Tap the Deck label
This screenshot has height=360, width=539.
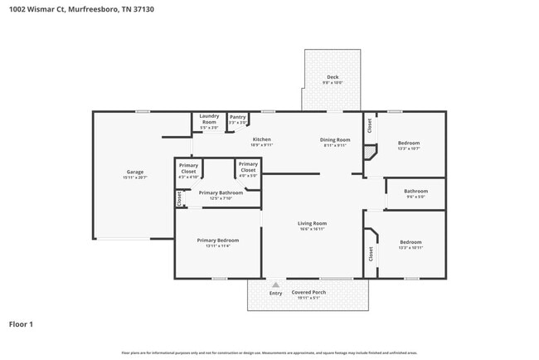click(332, 77)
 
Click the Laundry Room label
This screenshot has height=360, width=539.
click(209, 119)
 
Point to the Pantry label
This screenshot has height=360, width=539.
click(238, 117)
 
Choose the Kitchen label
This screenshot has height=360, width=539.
click(262, 139)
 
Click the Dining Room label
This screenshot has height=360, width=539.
click(336, 139)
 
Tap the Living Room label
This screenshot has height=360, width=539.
click(313, 222)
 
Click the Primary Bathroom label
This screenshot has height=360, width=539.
click(221, 192)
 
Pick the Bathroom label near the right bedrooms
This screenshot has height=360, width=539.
click(415, 191)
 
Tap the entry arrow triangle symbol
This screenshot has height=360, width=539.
click(275, 285)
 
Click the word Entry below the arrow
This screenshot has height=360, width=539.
click(275, 293)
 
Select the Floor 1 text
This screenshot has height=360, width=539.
click(21, 324)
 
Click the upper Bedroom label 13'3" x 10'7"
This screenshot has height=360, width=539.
click(409, 143)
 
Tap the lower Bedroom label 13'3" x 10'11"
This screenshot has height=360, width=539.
click(410, 242)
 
